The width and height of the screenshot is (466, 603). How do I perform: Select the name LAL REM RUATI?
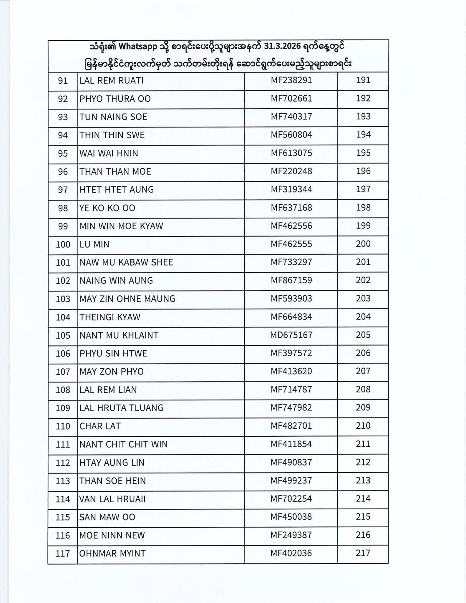click(112, 81)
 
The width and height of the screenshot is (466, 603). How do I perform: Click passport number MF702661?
click(291, 98)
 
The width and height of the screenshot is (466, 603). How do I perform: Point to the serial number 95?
click(63, 153)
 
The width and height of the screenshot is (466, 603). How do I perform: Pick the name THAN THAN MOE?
click(115, 171)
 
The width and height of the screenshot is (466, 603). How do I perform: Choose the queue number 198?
click(363, 208)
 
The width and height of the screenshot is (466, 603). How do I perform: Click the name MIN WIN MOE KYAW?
click(121, 226)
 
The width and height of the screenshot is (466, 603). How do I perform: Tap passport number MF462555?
click(291, 244)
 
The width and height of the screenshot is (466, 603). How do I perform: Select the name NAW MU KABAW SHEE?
click(126, 262)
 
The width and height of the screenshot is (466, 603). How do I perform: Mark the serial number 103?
click(63, 299)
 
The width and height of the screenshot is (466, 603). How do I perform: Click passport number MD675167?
click(291, 335)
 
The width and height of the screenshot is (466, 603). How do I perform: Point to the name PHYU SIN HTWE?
click(113, 353)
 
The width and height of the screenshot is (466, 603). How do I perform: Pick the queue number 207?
click(363, 371)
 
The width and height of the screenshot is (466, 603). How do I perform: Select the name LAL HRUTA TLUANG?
click(121, 408)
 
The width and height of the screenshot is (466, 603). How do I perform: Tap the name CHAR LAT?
click(100, 426)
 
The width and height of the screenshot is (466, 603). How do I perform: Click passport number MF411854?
click(291, 444)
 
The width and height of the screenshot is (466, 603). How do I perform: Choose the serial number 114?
click(63, 499)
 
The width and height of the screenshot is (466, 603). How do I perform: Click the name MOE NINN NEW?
click(112, 535)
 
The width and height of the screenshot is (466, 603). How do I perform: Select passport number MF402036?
click(291, 553)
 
